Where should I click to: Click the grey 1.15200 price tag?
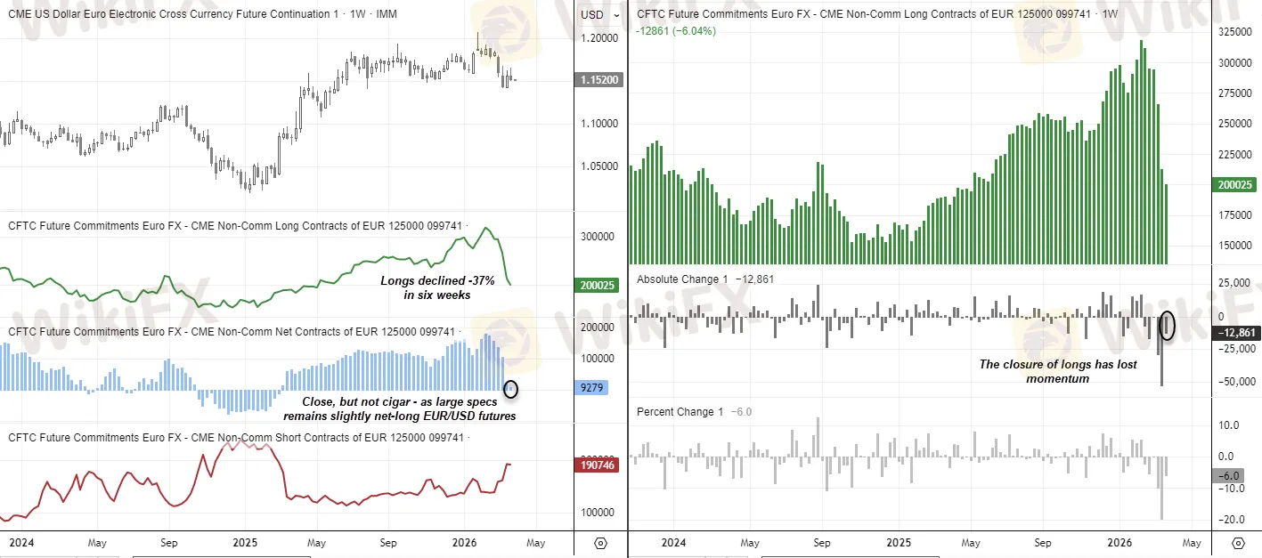[599, 79]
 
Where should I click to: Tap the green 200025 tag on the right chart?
[1234, 185]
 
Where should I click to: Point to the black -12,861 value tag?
[1237, 332]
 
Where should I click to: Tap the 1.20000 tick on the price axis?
[598, 38]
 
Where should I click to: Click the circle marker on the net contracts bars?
[510, 389]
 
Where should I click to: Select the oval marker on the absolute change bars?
[1168, 325]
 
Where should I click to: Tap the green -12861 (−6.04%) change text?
[676, 31]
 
